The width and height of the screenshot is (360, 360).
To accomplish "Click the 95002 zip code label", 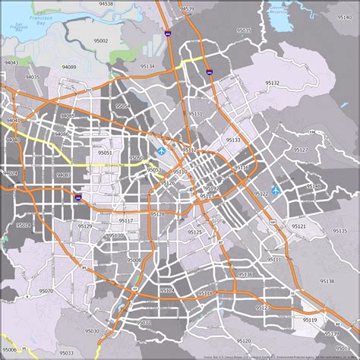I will [100, 41].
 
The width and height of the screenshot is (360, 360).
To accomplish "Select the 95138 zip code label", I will [327, 281].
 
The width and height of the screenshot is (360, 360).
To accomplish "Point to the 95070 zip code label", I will [46, 291].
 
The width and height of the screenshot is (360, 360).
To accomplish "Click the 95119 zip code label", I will [310, 320].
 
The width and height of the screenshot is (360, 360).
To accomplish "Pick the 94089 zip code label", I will [69, 68].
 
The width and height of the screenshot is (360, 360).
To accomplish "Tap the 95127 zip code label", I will [301, 150].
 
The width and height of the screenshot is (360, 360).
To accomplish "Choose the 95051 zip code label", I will [105, 153].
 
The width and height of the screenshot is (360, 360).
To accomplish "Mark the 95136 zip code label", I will [245, 274].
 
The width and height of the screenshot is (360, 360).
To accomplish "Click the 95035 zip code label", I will [244, 30].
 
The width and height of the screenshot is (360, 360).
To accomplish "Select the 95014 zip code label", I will [23, 226].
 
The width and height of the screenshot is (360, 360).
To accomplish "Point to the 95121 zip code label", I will [298, 226].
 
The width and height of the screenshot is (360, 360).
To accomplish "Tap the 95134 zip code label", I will [147, 67].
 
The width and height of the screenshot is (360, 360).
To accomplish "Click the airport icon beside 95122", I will [275, 191].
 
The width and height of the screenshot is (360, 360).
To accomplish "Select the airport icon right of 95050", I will [161, 153].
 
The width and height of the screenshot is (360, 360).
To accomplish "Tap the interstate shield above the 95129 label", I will [77, 197].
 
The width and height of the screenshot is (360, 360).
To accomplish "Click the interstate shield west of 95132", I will [209, 72].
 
